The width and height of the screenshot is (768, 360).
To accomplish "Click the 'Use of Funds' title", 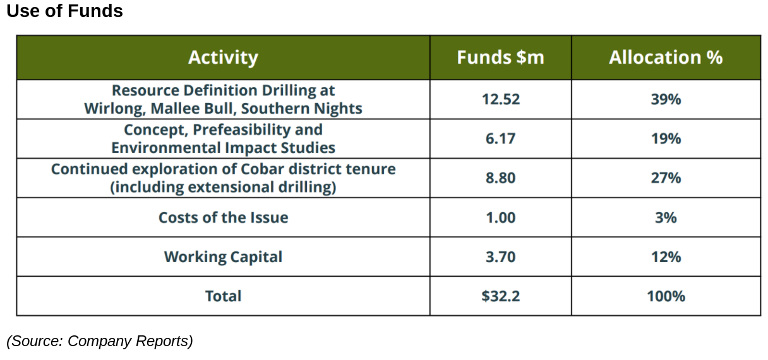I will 64,11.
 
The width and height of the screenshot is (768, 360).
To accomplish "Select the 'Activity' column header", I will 223,57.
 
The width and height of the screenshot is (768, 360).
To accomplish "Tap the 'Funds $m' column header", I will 500,57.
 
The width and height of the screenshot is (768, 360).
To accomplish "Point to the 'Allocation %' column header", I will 666,57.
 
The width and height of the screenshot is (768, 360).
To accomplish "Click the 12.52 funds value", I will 500,99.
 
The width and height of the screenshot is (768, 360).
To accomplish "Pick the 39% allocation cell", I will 666,99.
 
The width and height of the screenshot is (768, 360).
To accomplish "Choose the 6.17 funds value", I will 500,138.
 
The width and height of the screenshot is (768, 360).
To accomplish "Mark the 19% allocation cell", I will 666,138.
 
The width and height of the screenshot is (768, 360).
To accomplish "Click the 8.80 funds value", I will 500,178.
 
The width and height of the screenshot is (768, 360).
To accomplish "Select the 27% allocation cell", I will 666,178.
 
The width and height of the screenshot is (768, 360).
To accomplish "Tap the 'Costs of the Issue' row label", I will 223,218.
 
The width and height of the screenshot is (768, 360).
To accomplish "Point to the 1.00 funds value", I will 500,218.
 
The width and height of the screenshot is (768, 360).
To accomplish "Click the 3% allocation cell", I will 666,218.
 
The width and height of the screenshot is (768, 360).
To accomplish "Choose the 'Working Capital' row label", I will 223,257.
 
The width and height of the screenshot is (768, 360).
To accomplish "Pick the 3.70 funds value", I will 500,257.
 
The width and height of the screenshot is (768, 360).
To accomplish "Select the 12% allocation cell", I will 666,257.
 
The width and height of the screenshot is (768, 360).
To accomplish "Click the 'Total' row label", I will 223,296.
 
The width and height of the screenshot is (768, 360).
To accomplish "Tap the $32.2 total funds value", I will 500,296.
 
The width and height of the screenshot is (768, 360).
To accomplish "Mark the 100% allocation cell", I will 666,296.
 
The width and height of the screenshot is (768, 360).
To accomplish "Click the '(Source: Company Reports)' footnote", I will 99,341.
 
